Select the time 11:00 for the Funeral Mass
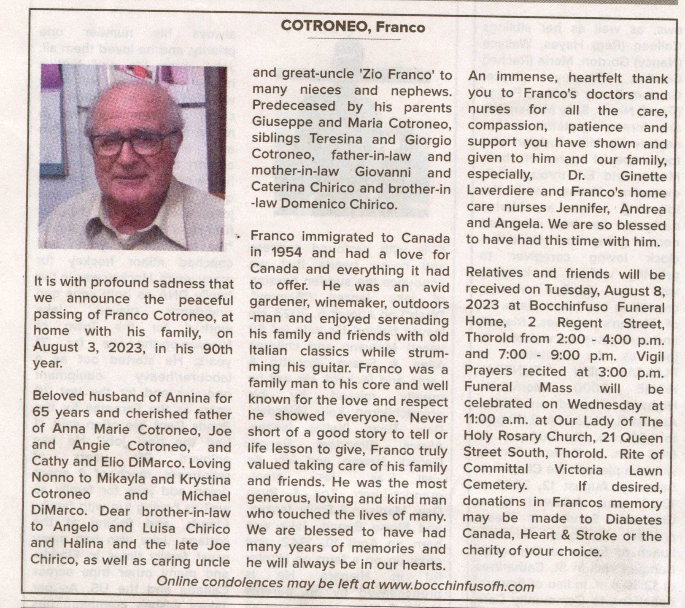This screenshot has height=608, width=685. tap(479, 421)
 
